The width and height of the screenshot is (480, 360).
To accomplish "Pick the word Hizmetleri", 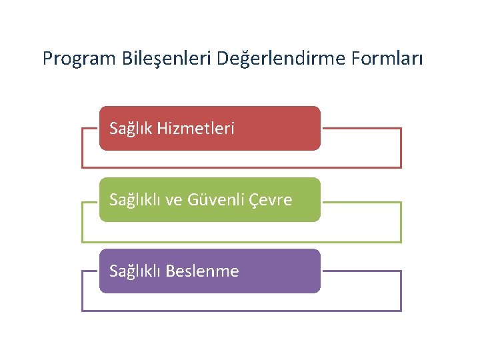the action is pos(196,128).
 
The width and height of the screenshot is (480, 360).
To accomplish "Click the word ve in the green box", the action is pos(174,200).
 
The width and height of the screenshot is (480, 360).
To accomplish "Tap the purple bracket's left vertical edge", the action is pos(82,291).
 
